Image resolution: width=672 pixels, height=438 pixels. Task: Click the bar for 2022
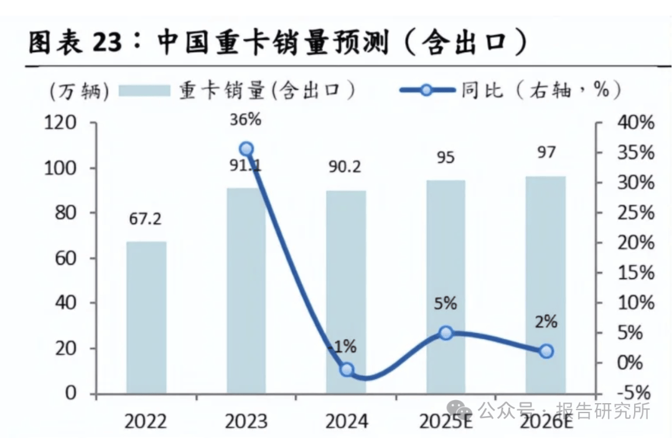point(146,317)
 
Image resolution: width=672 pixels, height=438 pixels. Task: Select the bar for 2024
point(347,292)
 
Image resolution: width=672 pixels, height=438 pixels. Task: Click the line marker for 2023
point(246,149)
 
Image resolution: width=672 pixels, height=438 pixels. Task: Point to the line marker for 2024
point(347,370)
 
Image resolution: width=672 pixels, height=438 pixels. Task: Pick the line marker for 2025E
point(446,333)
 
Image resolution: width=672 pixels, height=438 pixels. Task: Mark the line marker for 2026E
point(546,352)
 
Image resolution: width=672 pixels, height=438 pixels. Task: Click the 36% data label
point(246,119)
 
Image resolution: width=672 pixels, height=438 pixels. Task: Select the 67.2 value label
point(146,220)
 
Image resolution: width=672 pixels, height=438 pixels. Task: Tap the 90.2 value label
point(346,167)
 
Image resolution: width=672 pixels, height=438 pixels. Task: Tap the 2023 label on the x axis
point(246,422)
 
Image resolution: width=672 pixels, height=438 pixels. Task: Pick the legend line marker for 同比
point(426,90)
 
